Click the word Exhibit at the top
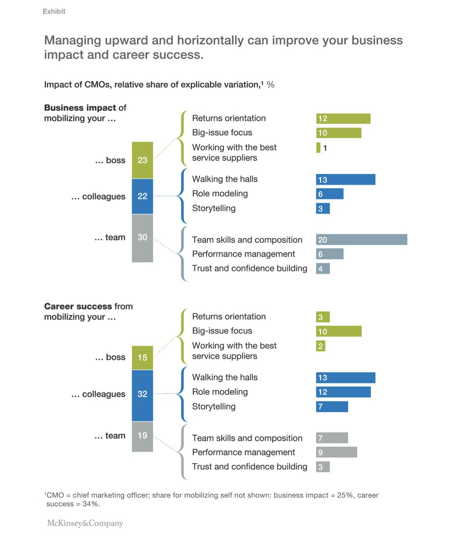tap(54, 12)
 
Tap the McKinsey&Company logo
tap(85, 523)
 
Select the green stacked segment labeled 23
tap(142, 160)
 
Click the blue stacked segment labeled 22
tap(142, 197)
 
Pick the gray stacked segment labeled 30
tap(142, 238)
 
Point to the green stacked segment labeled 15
tap(142, 358)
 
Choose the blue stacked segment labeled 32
tap(142, 395)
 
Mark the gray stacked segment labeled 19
tap(142, 436)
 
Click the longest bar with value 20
tap(361, 240)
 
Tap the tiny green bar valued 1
tap(318, 148)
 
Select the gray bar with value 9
tap(336, 452)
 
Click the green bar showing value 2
tap(320, 346)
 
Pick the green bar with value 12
tap(343, 118)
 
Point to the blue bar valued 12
tap(343, 392)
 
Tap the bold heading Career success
tap(78, 306)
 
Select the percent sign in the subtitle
tap(271, 84)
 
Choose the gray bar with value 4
tap(322, 268)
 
